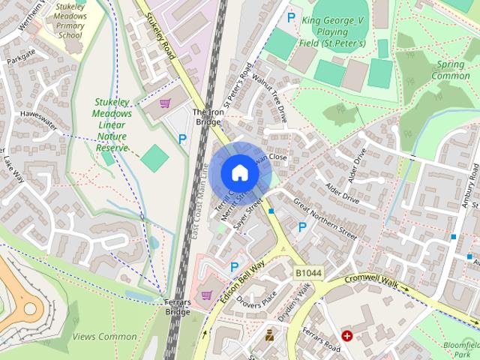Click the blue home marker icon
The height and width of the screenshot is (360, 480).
coord(239,172)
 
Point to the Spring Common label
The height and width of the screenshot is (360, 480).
coord(450,70)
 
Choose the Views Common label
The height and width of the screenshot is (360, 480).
coord(105,337)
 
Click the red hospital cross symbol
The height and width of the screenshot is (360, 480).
coord(347,335)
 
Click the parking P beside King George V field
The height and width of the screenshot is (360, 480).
coord(290,16)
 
